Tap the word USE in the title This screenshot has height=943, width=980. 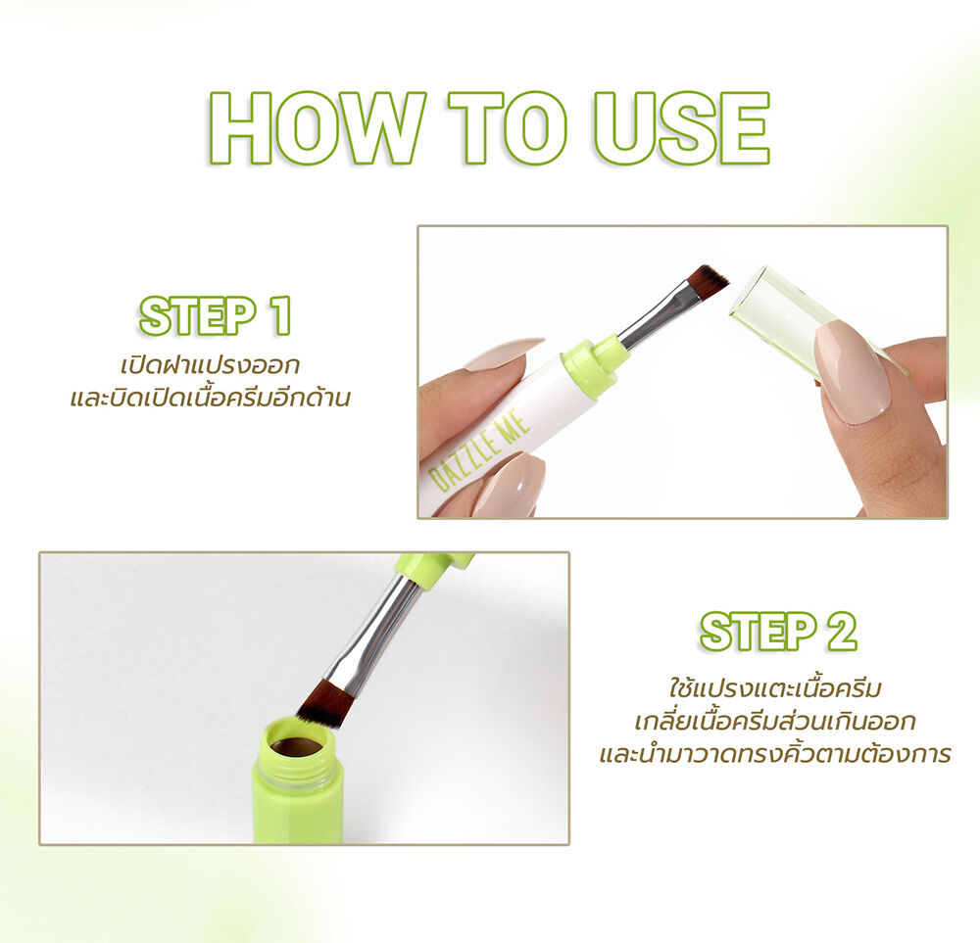(682, 128)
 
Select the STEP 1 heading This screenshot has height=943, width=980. (216, 315)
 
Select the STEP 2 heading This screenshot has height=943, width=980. (778, 632)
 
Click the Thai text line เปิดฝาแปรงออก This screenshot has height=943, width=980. (210, 365)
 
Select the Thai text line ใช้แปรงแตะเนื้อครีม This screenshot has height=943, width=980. (775, 688)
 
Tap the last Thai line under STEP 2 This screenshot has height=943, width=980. (775, 754)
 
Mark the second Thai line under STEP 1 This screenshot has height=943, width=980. (210, 399)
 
